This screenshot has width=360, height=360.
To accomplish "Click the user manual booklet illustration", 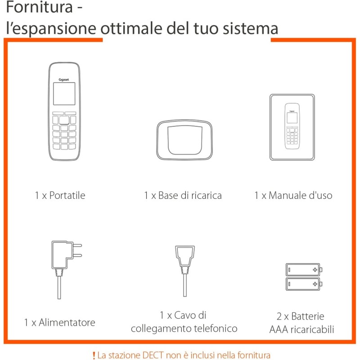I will coord(292,127).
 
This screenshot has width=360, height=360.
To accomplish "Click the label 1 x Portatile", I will coord(60,195).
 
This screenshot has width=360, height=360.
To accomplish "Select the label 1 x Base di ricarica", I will coord(183,195).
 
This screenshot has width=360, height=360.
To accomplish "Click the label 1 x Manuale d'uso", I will coord(293,195).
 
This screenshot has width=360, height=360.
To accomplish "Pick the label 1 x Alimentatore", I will coord(60,322).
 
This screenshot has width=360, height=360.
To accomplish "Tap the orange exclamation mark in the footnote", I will coord(94,355).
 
